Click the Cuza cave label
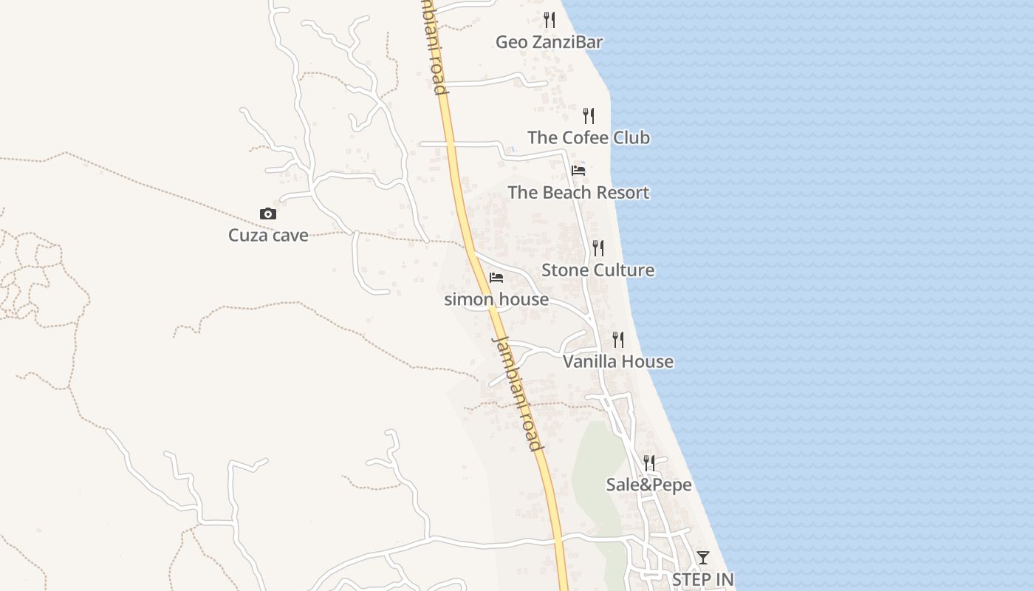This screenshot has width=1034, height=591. [268, 236]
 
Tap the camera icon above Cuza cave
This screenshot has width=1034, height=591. [268, 214]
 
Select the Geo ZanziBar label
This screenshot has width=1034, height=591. [549, 42]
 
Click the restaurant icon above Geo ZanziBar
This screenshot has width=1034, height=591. [549, 19]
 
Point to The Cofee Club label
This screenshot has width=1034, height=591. [589, 137]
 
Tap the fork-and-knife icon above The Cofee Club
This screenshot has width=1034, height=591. [589, 116]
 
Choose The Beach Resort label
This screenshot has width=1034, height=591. [578, 193]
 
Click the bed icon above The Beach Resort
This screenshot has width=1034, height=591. [578, 171]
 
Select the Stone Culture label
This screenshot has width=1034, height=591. [598, 270]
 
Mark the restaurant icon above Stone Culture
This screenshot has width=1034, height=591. [598, 248]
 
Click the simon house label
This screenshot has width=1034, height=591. [496, 299]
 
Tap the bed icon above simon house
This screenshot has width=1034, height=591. [496, 278]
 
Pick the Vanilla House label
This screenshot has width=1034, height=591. [618, 361]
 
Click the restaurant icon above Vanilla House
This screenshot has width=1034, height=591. [618, 340]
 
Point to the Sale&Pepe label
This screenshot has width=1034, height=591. [648, 485]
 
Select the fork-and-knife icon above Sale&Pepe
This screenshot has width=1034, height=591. [649, 463]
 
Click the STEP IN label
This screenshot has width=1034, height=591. [702, 579]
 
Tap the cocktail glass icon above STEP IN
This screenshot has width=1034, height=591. [703, 558]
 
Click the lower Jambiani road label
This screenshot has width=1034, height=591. [518, 393]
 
